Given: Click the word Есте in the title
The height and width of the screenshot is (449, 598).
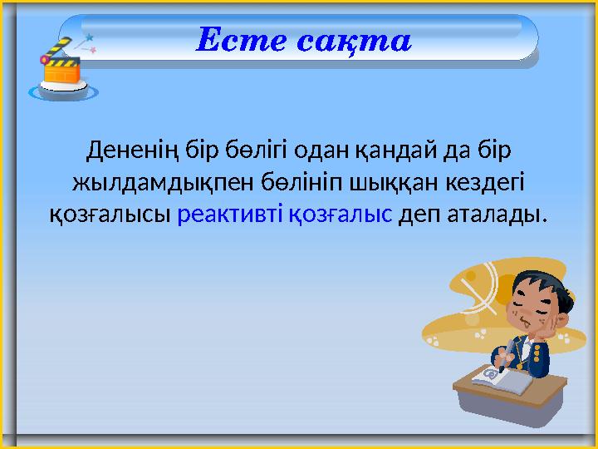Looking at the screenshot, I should coord(241,40).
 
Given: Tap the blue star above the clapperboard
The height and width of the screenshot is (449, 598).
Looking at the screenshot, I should coord(89,37).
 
